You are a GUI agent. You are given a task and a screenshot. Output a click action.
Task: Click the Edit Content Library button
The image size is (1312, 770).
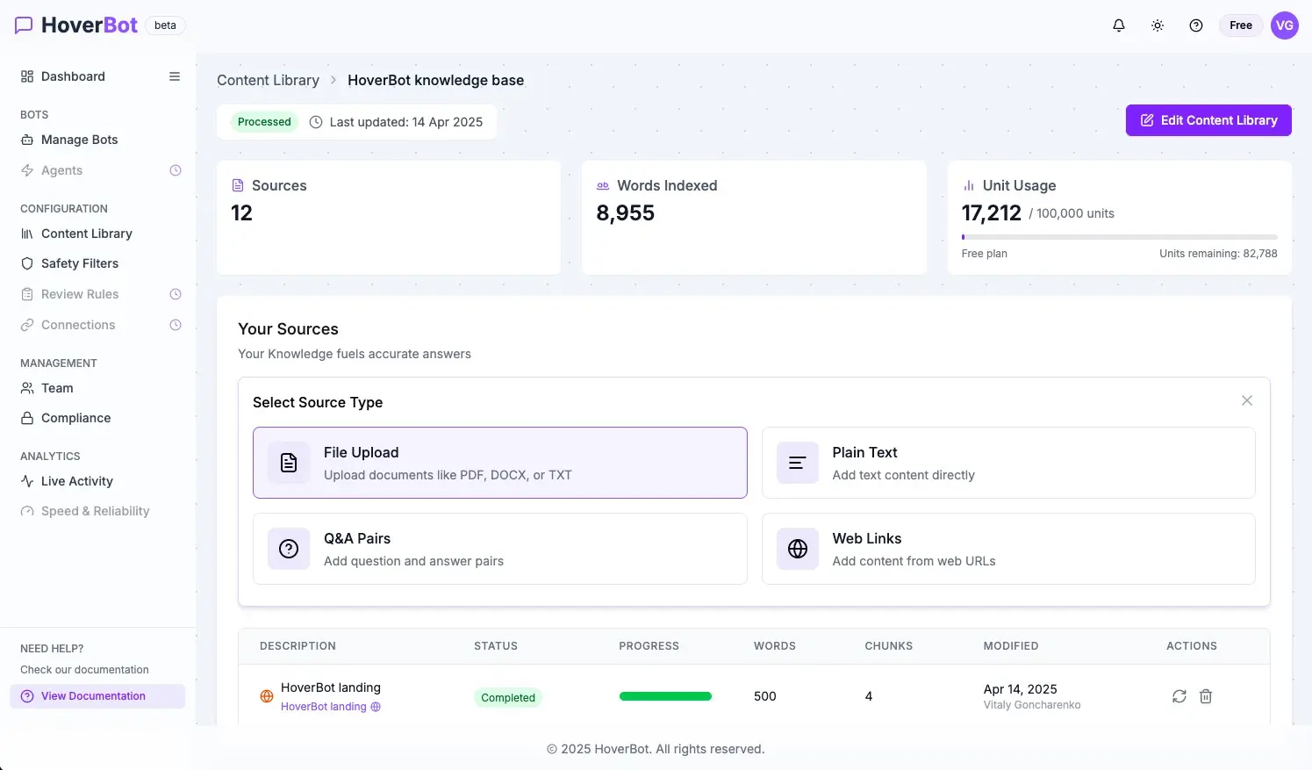point(1208,120)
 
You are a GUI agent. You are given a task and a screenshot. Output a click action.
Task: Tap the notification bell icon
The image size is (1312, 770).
point(1119,25)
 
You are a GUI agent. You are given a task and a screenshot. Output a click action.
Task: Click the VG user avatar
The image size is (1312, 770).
point(1285,25)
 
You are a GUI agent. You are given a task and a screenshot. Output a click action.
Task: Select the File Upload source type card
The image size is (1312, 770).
point(499,463)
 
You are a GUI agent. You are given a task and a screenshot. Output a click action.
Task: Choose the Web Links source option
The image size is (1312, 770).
point(1008,549)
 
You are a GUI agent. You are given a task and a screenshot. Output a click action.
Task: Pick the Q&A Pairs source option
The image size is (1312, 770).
point(499,549)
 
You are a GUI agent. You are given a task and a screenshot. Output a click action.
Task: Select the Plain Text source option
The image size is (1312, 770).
point(1008,463)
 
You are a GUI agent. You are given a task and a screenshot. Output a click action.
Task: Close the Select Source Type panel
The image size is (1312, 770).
point(1247,400)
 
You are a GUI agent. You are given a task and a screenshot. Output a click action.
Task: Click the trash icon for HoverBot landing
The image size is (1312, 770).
point(1206,696)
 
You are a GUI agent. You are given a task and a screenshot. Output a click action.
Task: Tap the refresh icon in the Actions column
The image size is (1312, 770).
point(1179,696)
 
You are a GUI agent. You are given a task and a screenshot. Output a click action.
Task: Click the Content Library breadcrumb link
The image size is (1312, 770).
point(269,80)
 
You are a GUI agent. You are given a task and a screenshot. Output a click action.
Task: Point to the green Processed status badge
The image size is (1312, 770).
point(264,122)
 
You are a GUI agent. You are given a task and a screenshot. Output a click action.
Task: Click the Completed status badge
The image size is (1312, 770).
point(508,697)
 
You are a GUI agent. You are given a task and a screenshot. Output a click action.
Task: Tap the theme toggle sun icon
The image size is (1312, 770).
point(1158,25)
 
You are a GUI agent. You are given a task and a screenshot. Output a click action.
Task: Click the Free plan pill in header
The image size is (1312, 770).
point(1241,25)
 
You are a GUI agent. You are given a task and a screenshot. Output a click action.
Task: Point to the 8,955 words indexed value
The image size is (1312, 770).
point(625,212)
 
